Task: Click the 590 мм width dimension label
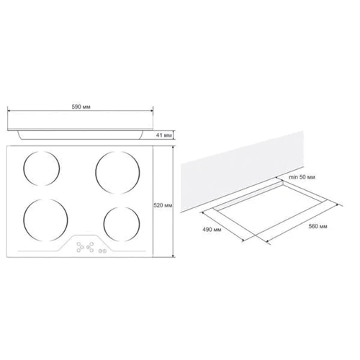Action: pyautogui.click(x=81, y=107)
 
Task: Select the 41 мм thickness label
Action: pyautogui.click(x=164, y=135)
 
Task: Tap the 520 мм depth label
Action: pyautogui.click(x=163, y=205)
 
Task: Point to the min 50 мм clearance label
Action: pyautogui.click(x=302, y=177)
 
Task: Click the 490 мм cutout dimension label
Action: pyautogui.click(x=212, y=230)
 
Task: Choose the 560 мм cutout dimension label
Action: pyautogui.click(x=318, y=226)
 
